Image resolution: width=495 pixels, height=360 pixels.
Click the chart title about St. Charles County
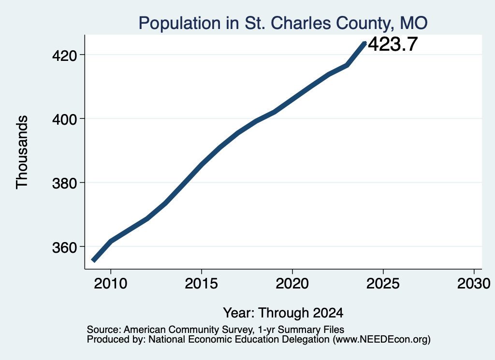point(283,23)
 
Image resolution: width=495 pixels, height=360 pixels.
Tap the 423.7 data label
point(393,44)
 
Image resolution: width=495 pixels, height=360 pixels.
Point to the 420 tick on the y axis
point(64,56)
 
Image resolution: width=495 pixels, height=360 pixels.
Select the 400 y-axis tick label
point(64,120)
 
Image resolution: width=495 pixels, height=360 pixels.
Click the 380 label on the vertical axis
point(64,184)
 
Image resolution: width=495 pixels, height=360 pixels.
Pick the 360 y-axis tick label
point(64,248)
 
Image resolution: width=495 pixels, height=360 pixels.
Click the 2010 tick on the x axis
point(111,284)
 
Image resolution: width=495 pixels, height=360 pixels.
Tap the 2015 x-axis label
point(202,284)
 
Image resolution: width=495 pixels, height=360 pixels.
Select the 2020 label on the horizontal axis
point(292,284)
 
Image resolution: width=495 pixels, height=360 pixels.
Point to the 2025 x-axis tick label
point(383,284)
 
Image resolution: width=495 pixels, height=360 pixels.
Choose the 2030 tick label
point(474,284)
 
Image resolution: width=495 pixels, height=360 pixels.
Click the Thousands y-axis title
point(22,152)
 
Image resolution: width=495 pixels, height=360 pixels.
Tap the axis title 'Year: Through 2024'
point(283,313)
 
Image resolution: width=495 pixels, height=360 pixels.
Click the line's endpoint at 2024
point(365,43)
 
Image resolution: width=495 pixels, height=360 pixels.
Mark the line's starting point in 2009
point(93,260)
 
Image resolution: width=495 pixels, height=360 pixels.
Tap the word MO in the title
point(414,23)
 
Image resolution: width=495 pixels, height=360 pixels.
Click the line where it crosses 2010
point(111,241)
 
